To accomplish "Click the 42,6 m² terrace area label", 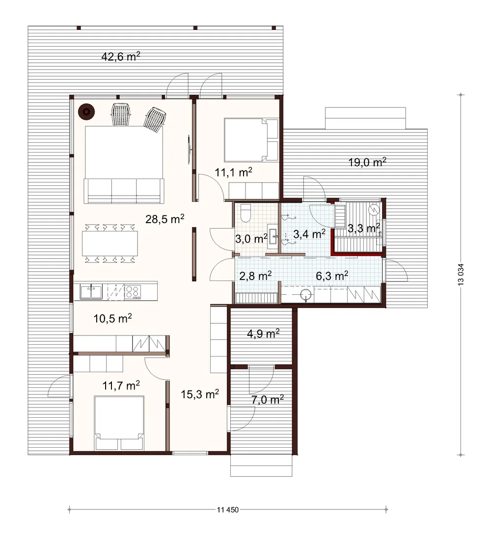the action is (121, 56).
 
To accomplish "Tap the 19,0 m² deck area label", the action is (367, 162).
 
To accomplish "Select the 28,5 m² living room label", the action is (164, 218).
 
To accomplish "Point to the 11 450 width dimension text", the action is (228, 510).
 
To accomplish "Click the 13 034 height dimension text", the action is (461, 275).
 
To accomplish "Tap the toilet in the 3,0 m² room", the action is (246, 213).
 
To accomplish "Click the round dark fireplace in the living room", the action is (86, 112).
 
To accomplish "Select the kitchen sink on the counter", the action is (91, 292).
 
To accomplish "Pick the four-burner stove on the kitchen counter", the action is (133, 292).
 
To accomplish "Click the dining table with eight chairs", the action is (110, 243).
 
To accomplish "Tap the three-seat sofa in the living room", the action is (124, 191).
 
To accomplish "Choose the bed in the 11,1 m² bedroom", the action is (251, 140).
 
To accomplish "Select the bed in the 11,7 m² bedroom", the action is (119, 423).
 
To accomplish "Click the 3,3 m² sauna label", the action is (363, 228).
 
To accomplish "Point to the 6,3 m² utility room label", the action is (332, 276).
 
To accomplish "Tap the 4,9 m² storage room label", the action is (263, 333).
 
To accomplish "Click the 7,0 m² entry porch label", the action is (268, 399).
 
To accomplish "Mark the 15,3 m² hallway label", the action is (200, 394).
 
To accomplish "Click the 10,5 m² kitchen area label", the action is (112, 319).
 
